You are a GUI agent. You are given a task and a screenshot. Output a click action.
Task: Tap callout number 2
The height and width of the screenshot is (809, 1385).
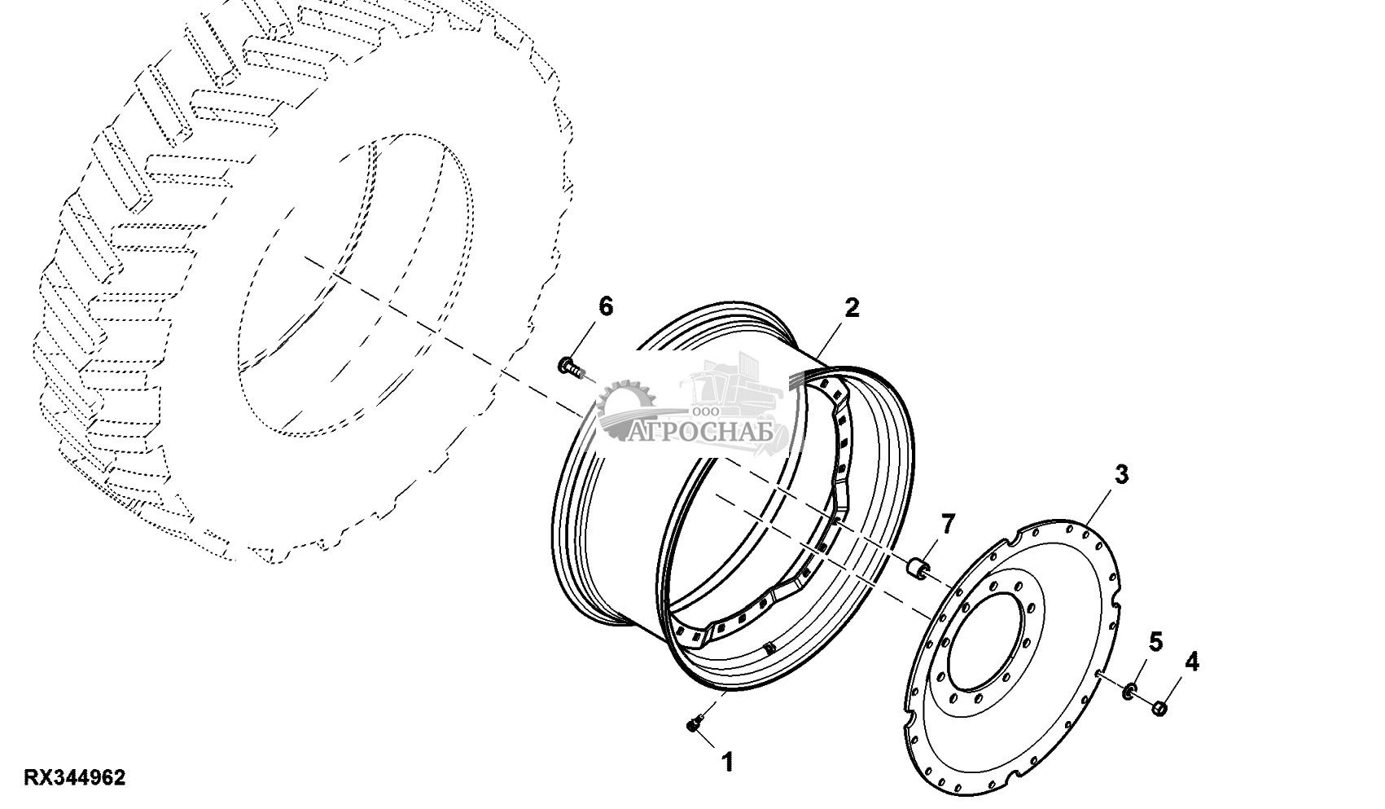coord(852,308)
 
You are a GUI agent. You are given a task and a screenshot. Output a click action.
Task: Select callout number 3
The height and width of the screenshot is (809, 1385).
coord(1121,474)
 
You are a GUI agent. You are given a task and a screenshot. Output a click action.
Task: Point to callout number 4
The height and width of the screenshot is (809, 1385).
coord(1191,662)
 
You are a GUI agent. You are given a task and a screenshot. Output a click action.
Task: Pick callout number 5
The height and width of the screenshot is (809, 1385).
coord(1156,642)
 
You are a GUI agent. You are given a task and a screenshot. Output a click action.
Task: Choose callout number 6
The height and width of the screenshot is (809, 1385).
coord(605,307)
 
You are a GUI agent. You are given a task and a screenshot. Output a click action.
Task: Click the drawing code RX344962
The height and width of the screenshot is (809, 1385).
coord(74,778)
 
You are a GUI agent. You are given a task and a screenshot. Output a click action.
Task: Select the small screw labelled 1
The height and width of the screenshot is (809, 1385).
coord(694,723)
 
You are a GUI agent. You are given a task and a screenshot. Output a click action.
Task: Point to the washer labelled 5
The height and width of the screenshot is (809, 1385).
coord(1129,692)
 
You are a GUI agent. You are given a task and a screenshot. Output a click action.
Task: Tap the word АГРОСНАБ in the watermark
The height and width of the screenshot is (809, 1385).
coord(703,431)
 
